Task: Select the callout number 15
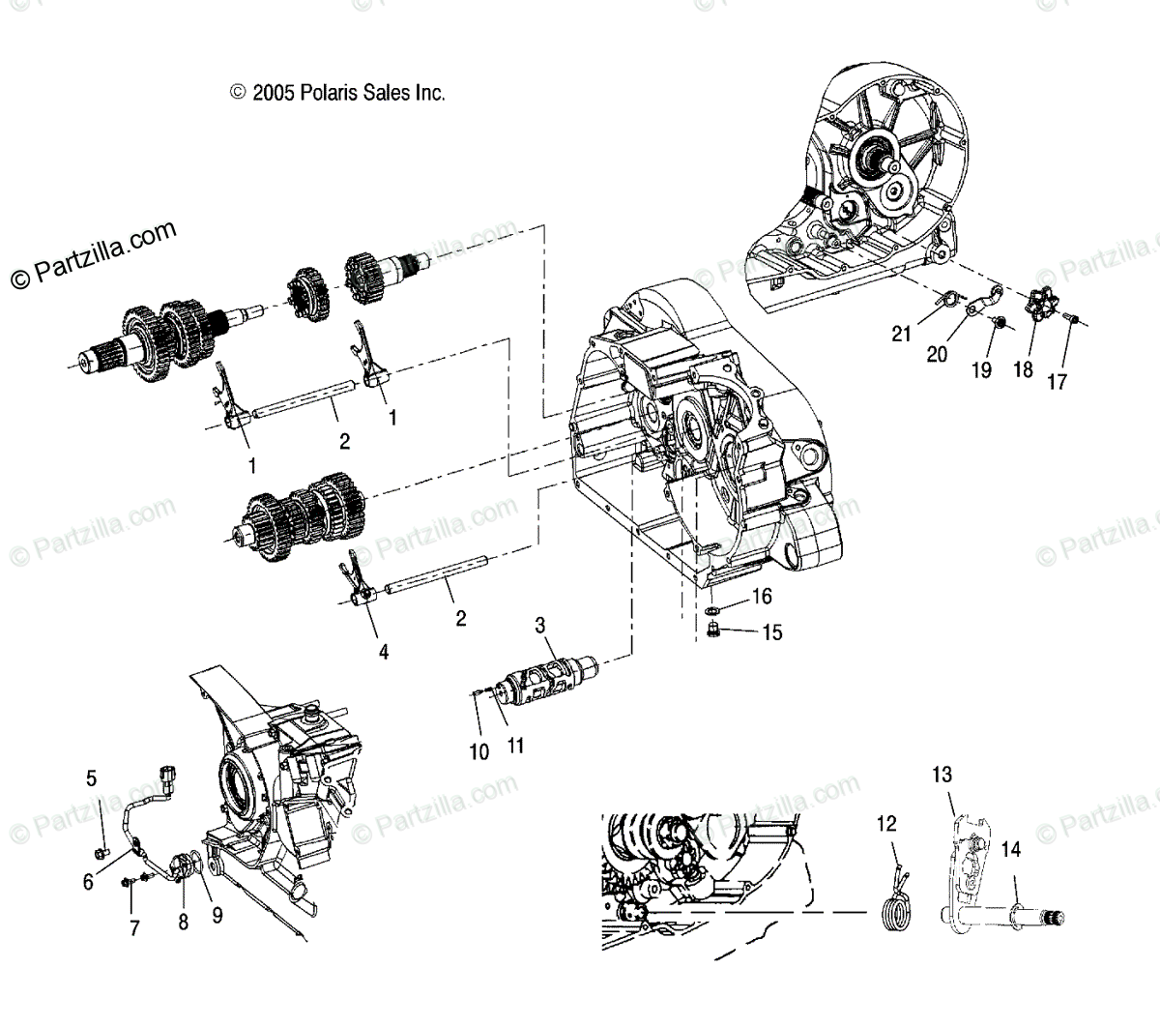(771, 632)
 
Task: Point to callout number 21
(902, 335)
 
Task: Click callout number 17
(1058, 381)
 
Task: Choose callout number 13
(942, 775)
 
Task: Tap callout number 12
(887, 824)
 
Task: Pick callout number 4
(384, 653)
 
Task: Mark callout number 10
(480, 751)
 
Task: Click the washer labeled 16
(712, 611)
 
